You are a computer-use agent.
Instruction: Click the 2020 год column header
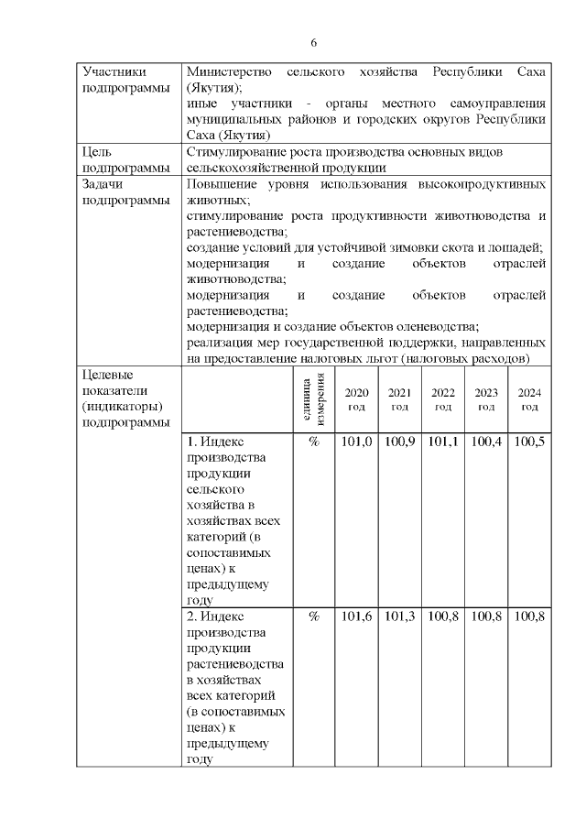coord(356,399)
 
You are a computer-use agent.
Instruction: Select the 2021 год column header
coord(399,399)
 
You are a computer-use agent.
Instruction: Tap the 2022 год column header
coord(443,399)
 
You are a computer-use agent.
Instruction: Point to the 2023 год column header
coord(486,399)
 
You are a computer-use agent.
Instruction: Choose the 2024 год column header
coord(529,399)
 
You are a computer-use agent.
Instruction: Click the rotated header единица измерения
coord(313,399)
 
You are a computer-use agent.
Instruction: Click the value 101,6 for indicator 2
coord(356,617)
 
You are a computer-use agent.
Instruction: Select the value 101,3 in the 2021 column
coord(399,617)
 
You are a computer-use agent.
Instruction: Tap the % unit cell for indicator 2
coord(313,617)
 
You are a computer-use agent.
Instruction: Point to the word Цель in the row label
coord(97,151)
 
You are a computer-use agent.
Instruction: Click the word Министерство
coord(229,72)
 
